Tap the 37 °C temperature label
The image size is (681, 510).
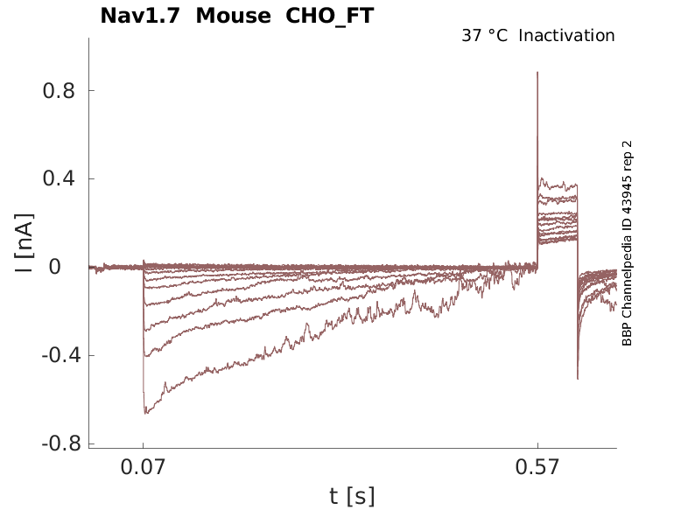click(x=484, y=36)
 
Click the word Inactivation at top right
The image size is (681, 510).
click(x=566, y=36)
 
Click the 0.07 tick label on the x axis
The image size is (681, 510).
click(x=144, y=468)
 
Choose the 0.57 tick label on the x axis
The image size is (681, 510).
click(x=537, y=468)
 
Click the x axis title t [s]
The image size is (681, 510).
click(x=352, y=497)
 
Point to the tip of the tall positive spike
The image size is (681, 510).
click(x=537, y=73)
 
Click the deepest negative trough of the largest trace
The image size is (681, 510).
click(x=146, y=413)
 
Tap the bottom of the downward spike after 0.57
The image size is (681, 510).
click(x=578, y=378)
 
